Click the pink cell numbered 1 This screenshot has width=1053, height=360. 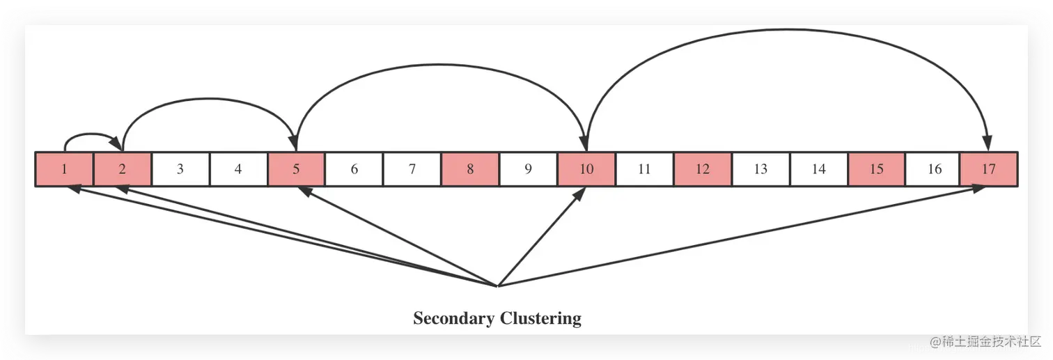[x=64, y=169]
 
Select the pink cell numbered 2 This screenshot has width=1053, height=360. [x=122, y=169]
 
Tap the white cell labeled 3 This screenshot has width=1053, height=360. [x=180, y=169]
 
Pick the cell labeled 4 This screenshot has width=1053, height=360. [x=238, y=169]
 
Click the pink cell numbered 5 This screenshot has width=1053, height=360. [x=296, y=169]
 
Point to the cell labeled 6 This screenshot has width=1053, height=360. [x=354, y=169]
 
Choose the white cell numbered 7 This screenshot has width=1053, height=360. [x=412, y=169]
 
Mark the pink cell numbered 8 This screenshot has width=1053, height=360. [x=470, y=169]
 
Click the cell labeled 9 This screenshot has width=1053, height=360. [x=528, y=169]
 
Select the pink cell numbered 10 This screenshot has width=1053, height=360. [x=586, y=169]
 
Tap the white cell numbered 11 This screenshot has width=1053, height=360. [x=644, y=169]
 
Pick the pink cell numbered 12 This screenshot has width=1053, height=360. [x=702, y=169]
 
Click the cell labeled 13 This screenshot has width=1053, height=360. [x=760, y=169]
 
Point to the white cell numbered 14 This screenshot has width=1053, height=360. [x=818, y=169]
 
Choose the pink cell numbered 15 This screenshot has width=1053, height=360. [x=876, y=169]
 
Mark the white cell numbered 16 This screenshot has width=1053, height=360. [x=934, y=169]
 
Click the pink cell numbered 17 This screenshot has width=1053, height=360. [x=989, y=169]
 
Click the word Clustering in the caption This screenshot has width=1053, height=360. [x=540, y=319]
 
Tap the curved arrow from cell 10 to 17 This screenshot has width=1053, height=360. [x=787, y=30]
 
